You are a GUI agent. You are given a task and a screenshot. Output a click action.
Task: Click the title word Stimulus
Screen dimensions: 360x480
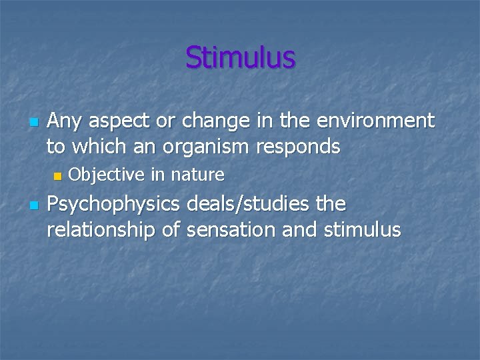pyautogui.click(x=240, y=57)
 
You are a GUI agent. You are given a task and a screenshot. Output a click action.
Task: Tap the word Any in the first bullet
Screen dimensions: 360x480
pyautogui.click(x=64, y=121)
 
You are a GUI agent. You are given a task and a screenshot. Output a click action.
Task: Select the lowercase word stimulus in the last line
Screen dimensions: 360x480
pyautogui.click(x=363, y=231)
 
